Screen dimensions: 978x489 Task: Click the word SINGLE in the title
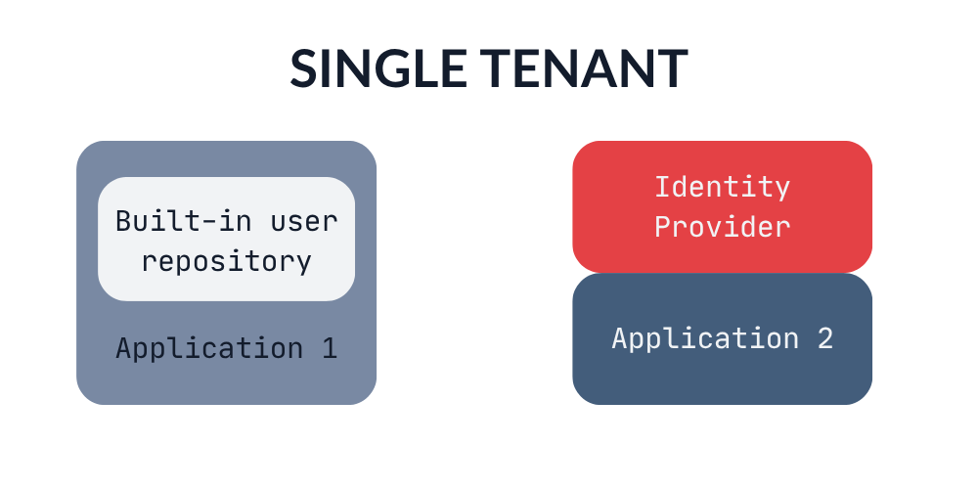(x=378, y=68)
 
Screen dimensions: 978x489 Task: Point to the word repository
(x=227, y=262)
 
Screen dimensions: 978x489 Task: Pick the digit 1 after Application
(x=330, y=348)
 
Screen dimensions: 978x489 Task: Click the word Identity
(x=723, y=188)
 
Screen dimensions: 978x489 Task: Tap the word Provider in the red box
(x=723, y=227)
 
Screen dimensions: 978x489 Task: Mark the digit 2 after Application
(x=825, y=338)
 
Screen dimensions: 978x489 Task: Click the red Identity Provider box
(x=723, y=206)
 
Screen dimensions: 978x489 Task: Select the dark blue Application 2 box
(x=723, y=338)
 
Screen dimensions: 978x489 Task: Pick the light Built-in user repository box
(x=227, y=239)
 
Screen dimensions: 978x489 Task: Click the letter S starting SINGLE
(x=302, y=68)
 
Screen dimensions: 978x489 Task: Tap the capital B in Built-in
(x=124, y=222)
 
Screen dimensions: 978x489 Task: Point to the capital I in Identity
(x=662, y=188)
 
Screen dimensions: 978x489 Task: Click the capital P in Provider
(x=663, y=227)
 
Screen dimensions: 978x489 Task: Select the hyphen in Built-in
(x=209, y=224)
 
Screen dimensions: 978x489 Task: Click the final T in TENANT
(x=672, y=68)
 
